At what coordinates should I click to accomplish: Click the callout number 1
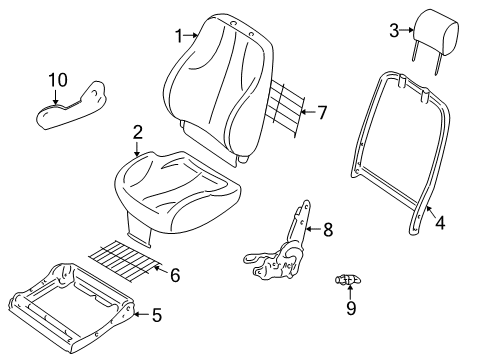pyautogui.click(x=181, y=36)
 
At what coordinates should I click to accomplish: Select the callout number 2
pyautogui.click(x=137, y=131)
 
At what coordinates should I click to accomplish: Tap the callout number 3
pyautogui.click(x=393, y=31)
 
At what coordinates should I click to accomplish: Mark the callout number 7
pyautogui.click(x=322, y=112)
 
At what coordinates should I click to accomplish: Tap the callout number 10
pyautogui.click(x=58, y=78)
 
